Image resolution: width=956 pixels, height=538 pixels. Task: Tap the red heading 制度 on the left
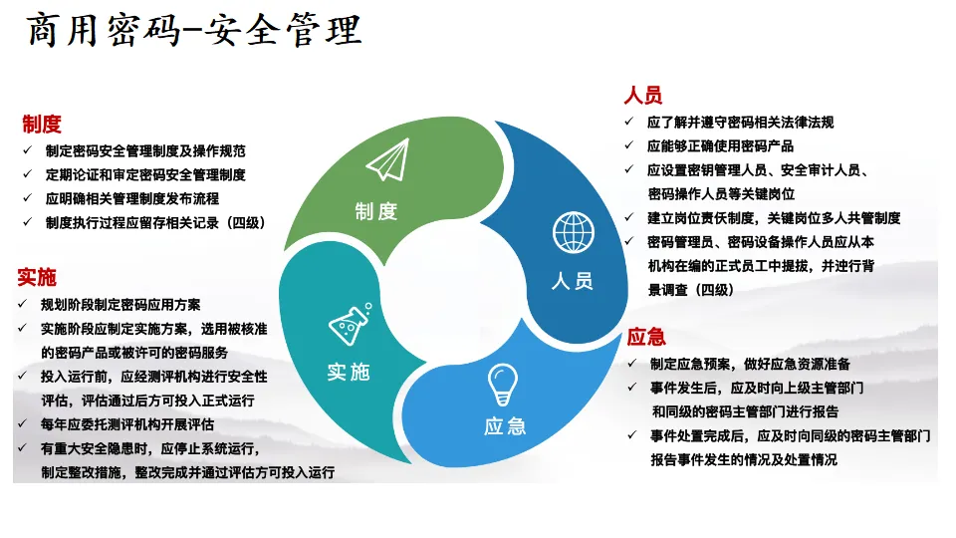(42, 125)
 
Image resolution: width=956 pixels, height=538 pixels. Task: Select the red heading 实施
(37, 277)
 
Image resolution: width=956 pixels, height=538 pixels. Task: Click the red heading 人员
(643, 96)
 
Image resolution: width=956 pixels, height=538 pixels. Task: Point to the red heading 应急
(646, 337)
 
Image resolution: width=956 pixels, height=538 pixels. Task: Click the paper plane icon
(387, 160)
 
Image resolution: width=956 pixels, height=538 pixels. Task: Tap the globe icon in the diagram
(572, 232)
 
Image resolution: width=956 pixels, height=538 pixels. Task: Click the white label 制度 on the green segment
(375, 211)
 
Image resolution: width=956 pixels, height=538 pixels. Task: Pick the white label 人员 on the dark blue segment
(572, 281)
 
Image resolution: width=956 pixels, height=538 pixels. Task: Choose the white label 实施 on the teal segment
(348, 372)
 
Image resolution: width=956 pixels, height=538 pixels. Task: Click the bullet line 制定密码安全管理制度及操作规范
(145, 151)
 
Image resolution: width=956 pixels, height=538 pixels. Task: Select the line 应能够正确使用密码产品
(720, 145)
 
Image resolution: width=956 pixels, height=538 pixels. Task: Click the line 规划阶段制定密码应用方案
(120, 304)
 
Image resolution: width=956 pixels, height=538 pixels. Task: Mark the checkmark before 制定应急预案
(630, 364)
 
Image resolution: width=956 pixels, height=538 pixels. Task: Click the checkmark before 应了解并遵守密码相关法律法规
(628, 122)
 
